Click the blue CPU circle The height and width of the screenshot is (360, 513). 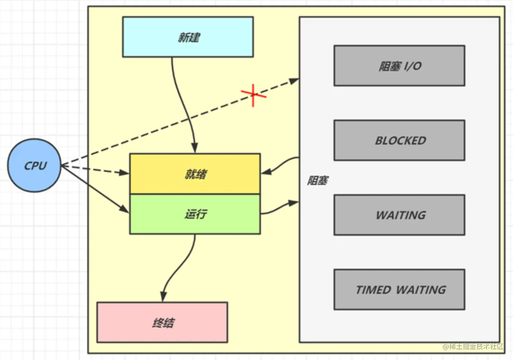[34, 165]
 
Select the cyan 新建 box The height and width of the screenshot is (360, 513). [188, 37]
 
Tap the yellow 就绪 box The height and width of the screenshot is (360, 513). [195, 174]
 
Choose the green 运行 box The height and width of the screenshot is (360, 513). [195, 214]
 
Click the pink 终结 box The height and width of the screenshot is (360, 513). [162, 323]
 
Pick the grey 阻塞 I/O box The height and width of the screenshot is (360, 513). [399, 66]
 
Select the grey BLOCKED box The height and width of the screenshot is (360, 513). [399, 140]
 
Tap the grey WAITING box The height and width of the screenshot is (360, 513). [399, 215]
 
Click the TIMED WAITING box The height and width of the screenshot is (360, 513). [399, 290]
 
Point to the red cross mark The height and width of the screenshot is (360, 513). [253, 95]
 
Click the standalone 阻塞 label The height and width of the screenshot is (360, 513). [317, 181]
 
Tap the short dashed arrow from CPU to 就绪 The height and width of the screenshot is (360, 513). [95, 169]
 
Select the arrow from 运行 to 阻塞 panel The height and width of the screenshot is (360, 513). [280, 207]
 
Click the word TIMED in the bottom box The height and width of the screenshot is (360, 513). [373, 290]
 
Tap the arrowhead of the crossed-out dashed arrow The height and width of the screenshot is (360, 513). [294, 81]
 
